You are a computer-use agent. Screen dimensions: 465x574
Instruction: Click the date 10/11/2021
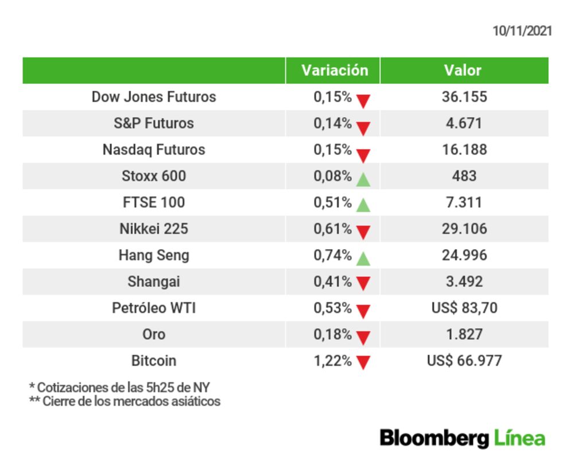pos(522,31)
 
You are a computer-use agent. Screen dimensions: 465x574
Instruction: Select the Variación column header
pos(335,71)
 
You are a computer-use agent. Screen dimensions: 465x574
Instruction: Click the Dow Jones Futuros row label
pos(154,96)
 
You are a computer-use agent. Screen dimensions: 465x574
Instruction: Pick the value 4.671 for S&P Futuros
pos(464,123)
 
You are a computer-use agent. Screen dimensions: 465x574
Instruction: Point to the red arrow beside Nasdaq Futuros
pos(363,154)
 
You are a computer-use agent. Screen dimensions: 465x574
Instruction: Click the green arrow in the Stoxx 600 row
pos(363,179)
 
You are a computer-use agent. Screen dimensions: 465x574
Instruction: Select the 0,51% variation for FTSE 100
pos(332,202)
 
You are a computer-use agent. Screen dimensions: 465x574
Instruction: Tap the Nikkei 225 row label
pos(154,228)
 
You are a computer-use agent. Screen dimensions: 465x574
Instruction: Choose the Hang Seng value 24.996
pos(464,255)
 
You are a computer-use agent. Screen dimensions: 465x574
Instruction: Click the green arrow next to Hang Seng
pos(363,258)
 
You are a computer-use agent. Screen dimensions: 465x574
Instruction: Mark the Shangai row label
pos(154,281)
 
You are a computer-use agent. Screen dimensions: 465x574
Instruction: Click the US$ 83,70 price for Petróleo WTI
pos(464,308)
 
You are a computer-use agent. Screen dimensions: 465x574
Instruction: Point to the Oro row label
pos(154,334)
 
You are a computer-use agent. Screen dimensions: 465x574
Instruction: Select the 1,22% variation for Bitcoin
pos(332,361)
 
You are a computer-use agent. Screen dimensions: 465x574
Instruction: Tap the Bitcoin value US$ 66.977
pos(464,361)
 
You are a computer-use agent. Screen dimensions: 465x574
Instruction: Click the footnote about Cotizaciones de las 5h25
pos(119,387)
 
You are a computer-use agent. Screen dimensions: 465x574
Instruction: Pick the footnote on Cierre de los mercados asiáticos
pos(125,401)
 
